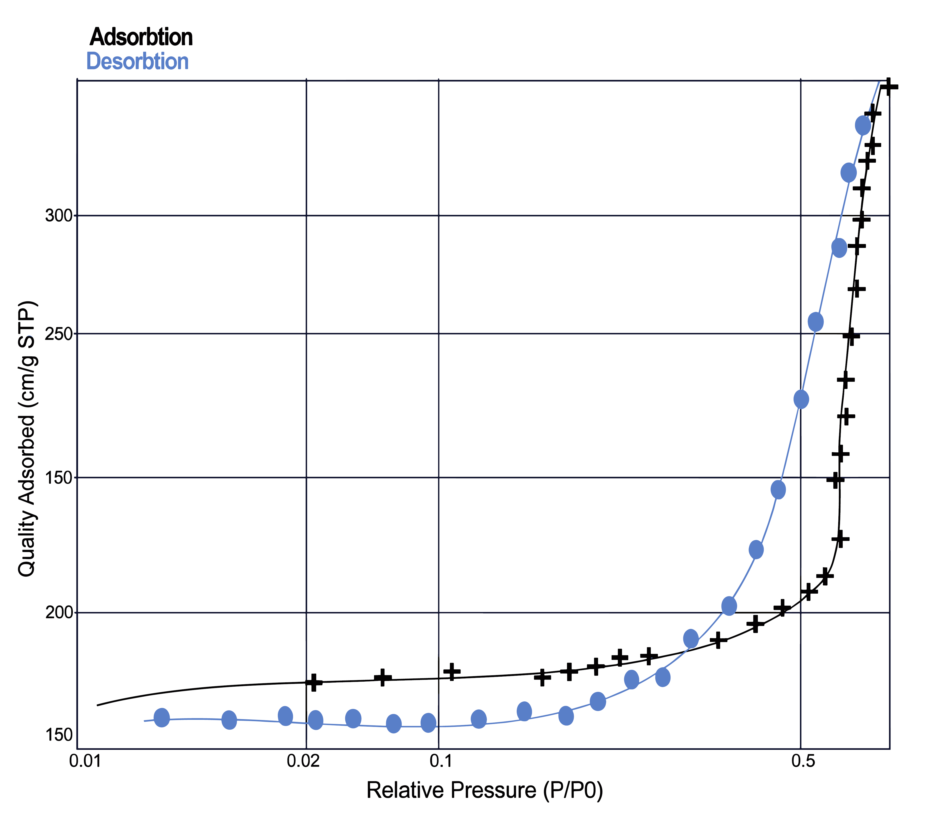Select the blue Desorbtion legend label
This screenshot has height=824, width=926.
(x=137, y=61)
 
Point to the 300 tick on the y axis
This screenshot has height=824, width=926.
(x=59, y=216)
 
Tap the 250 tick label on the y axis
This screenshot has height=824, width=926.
(x=59, y=334)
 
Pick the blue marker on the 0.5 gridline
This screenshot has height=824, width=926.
(x=801, y=399)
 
